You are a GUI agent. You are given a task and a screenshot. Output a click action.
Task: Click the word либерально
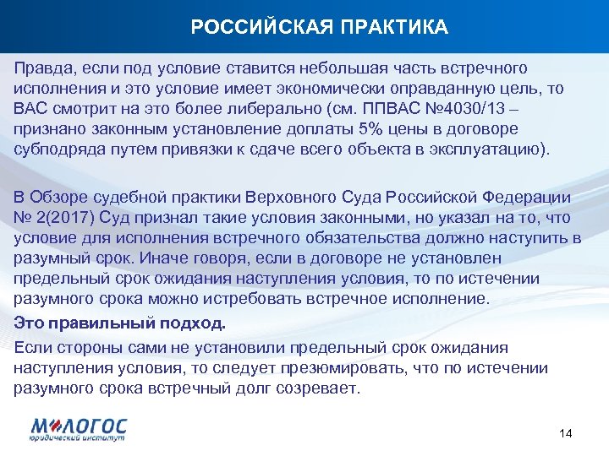coord(277,109)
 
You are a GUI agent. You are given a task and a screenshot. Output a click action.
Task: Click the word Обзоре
coord(60,197)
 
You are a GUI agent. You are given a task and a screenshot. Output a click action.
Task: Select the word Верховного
coord(291,197)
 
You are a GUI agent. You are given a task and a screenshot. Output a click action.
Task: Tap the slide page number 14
coord(567,433)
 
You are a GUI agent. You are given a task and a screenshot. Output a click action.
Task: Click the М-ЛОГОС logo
coord(79,428)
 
